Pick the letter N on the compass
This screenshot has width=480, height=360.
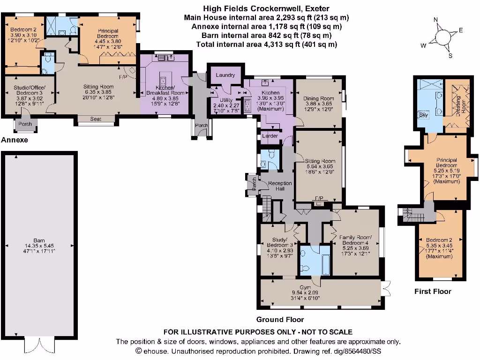tap(435, 20)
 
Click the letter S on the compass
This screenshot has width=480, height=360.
tap(450, 56)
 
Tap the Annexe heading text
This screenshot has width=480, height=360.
tap(15, 140)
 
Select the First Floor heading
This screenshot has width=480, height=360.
tap(433, 291)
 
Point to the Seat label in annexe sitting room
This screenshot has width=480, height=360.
tap(96, 119)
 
